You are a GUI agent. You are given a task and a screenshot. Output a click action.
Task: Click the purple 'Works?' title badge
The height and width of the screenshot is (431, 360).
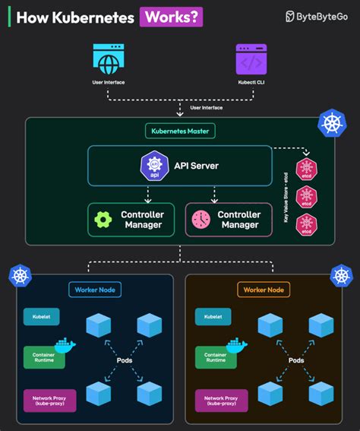(171, 17)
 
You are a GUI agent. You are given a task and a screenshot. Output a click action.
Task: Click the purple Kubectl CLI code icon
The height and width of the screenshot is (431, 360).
(252, 59)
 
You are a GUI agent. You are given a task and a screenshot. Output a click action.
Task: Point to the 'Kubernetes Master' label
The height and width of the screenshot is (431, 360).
(180, 131)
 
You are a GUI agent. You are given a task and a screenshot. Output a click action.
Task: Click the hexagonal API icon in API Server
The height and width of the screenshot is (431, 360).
(154, 166)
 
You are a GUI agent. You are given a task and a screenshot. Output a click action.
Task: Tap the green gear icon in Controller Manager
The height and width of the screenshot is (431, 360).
(103, 220)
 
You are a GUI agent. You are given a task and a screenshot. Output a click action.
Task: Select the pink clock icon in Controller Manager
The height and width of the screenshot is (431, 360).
(201, 220)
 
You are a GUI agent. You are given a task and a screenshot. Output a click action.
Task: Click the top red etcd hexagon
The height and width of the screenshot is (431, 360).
(306, 168)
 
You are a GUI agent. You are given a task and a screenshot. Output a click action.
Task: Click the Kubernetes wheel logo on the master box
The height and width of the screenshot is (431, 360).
(330, 123)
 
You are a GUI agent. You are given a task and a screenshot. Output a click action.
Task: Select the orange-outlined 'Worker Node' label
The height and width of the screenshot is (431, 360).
(264, 290)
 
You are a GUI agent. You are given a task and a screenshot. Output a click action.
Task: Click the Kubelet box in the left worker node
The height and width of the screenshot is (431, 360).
(41, 315)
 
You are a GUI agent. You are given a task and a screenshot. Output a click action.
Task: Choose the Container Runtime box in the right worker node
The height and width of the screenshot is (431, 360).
(216, 357)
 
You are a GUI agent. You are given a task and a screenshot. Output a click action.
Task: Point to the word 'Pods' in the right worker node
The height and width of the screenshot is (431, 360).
(296, 360)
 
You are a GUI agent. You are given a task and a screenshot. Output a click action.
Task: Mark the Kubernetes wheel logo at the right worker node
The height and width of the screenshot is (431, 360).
(342, 275)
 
